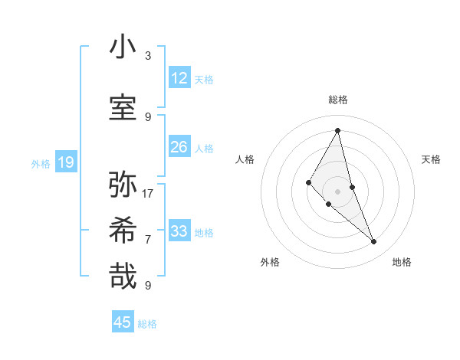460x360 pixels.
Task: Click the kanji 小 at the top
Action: tap(123, 47)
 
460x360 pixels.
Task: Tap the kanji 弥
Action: tap(123, 184)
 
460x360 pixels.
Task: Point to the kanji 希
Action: tap(123, 230)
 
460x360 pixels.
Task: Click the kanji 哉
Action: tap(123, 276)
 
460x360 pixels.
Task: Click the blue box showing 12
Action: tap(179, 78)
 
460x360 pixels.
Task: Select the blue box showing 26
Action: tap(179, 147)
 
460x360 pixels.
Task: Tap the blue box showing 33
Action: tap(179, 231)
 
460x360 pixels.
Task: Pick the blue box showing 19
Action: tap(65, 162)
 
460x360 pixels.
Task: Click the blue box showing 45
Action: tap(123, 322)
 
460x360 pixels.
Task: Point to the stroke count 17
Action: tap(148, 193)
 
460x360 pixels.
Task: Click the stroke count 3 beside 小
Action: tap(148, 55)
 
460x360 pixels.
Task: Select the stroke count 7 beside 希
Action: tap(148, 239)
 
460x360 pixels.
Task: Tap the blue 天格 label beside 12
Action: tap(204, 79)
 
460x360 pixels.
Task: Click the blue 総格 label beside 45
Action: tap(147, 324)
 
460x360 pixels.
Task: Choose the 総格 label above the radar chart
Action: tap(338, 100)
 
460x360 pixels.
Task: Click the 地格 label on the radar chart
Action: tap(402, 262)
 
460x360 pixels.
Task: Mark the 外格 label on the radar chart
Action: tap(270, 262)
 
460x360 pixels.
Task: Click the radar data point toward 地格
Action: tap(374, 242)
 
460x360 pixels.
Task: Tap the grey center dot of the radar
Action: tap(338, 191)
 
